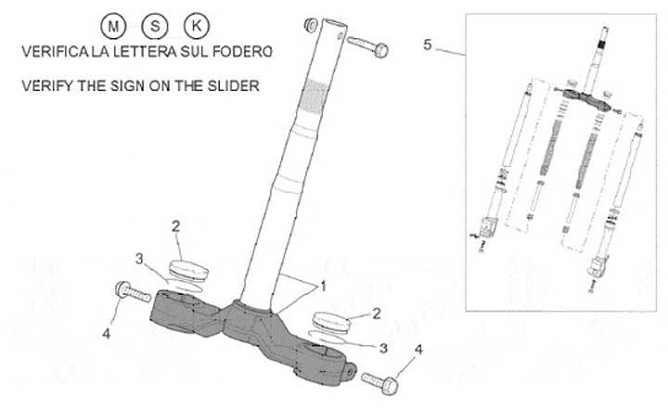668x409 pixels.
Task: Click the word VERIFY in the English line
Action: pos(43,86)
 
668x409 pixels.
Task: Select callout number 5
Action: pos(427,44)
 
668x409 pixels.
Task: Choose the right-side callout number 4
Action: pos(418,350)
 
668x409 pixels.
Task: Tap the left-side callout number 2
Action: pos(175,225)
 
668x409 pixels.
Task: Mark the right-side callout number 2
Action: pos(377,314)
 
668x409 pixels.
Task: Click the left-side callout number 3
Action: pos(139,257)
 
